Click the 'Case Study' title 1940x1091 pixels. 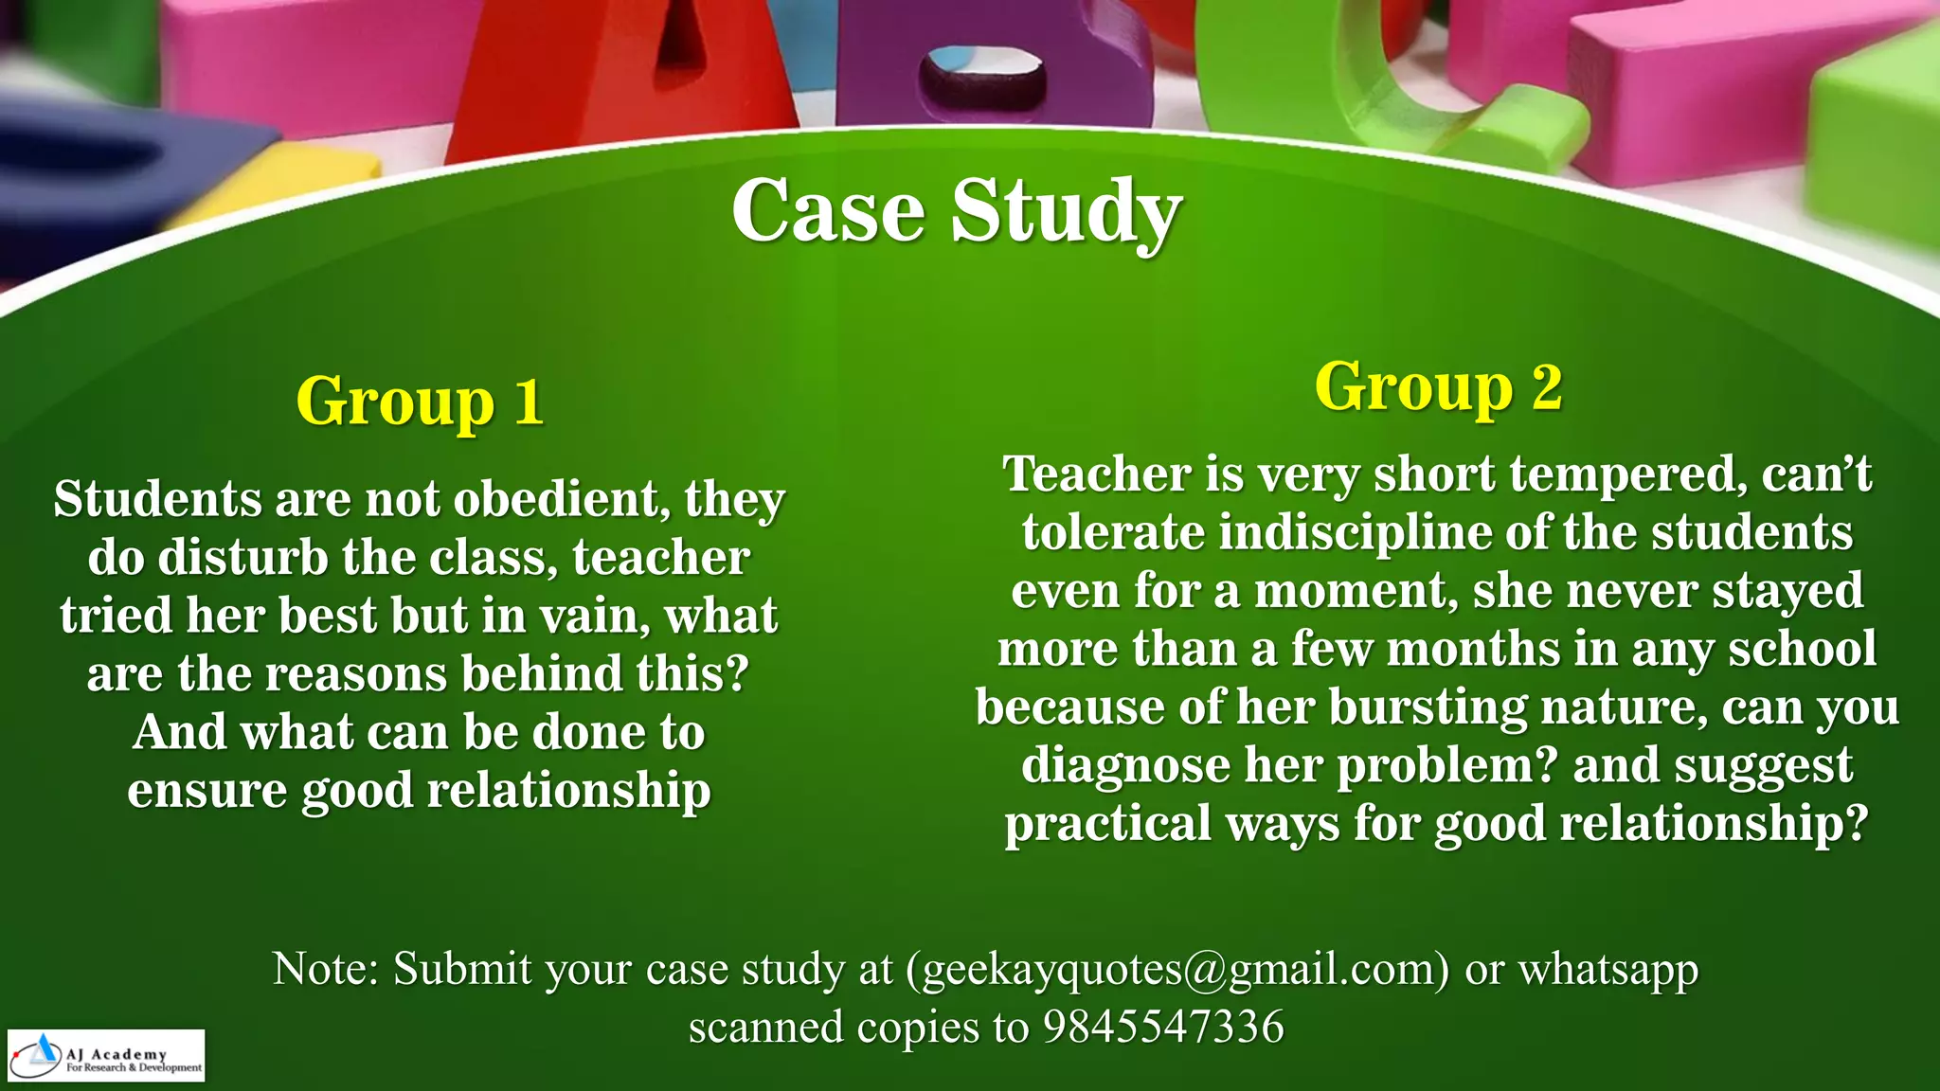[957, 210]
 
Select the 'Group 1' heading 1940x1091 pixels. [420, 402]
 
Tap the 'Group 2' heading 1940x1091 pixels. [1438, 387]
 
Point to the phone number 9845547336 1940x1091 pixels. [1163, 1028]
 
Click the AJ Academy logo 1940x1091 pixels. [105, 1056]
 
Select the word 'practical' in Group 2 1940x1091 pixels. [1107, 823]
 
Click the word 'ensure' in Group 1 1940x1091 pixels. [206, 791]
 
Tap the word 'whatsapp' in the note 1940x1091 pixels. [1608, 970]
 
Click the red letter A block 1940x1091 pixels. [625, 76]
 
